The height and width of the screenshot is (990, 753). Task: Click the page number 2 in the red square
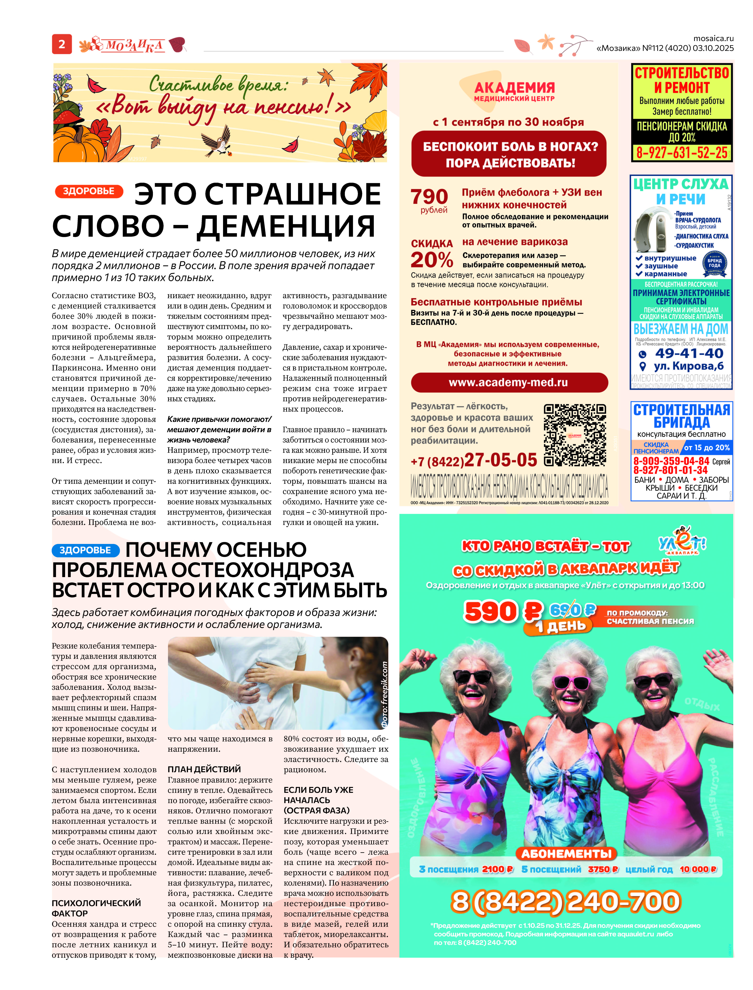(x=62, y=44)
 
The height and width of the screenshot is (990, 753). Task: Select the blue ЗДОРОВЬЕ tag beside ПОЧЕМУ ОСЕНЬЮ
(x=85, y=550)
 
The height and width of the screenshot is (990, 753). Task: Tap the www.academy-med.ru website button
(x=509, y=382)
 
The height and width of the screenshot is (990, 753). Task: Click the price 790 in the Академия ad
(x=429, y=196)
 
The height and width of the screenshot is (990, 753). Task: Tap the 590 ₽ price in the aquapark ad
(x=503, y=611)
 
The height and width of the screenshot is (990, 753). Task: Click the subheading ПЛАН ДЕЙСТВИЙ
(x=204, y=769)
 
